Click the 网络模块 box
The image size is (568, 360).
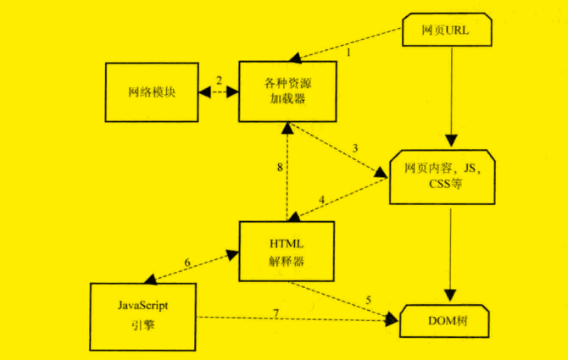click(151, 92)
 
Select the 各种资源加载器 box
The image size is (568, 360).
click(284, 91)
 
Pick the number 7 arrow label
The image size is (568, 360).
click(276, 314)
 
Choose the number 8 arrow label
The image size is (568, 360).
click(278, 168)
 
